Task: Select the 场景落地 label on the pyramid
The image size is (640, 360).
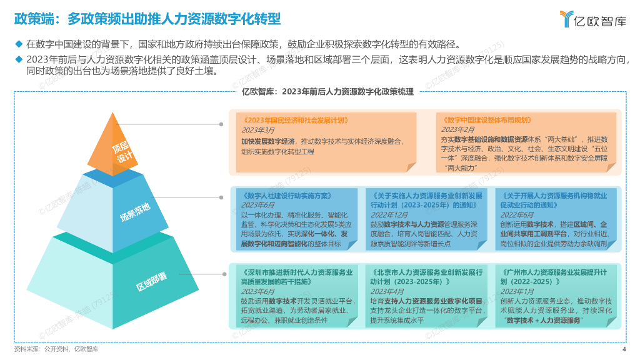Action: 136,213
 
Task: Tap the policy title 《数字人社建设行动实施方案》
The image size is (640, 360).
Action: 285,195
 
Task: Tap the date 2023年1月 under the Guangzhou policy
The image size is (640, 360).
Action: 517,291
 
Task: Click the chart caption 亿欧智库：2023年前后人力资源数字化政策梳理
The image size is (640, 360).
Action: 327,91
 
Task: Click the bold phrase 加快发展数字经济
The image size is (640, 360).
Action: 268,141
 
